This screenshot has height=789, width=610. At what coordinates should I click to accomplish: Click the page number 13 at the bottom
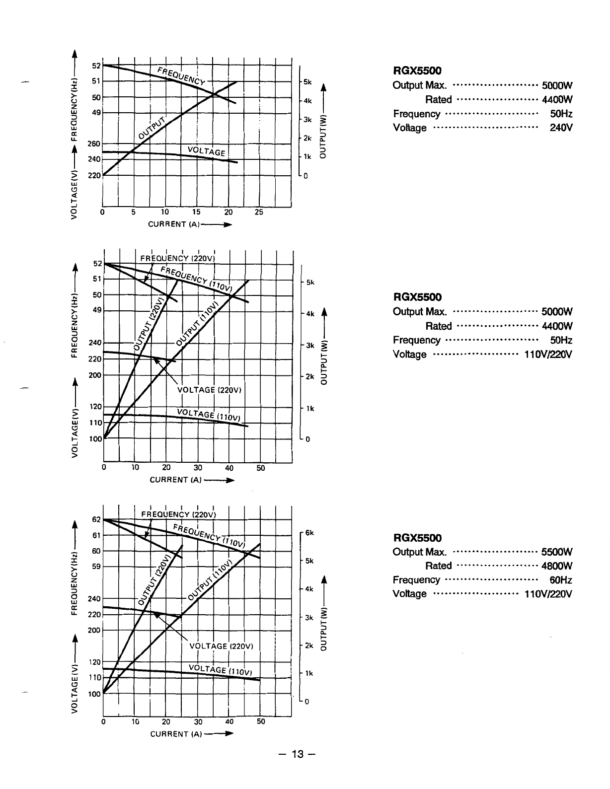[297, 755]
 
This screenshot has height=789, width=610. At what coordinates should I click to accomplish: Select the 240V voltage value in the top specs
[561, 128]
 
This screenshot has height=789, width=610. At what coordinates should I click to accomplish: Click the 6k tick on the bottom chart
[309, 533]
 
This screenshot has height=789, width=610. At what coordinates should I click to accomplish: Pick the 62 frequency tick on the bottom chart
[97, 519]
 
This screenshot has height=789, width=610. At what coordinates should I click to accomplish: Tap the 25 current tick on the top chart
[259, 213]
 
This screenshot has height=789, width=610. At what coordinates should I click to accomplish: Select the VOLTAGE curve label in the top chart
[207, 151]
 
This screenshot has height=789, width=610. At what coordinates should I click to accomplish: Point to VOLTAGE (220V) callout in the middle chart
[209, 390]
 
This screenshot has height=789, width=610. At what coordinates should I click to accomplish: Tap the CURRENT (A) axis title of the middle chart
[175, 480]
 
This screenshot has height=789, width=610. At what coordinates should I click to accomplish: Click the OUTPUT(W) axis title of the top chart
[324, 136]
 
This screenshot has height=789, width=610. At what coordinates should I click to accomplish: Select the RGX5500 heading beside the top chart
[417, 71]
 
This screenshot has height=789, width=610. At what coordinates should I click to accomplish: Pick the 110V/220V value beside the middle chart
[548, 354]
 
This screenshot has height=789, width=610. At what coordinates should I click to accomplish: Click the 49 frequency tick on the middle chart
[97, 310]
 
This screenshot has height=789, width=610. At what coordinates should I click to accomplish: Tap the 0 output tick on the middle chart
[308, 439]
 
